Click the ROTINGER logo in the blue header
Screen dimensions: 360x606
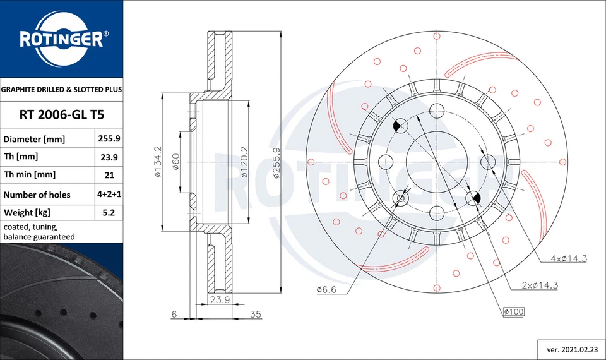61,39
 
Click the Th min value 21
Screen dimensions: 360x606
108,175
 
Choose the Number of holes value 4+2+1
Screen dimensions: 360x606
108,195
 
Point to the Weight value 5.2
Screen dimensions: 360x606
108,213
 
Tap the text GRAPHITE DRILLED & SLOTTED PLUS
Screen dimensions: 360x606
61,90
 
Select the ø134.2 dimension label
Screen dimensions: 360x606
157,162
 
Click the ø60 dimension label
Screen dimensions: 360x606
176,162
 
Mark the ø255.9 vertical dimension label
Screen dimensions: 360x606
276,162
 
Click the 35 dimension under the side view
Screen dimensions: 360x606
255,313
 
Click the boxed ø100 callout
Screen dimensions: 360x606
514,311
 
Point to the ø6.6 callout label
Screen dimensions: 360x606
327,290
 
